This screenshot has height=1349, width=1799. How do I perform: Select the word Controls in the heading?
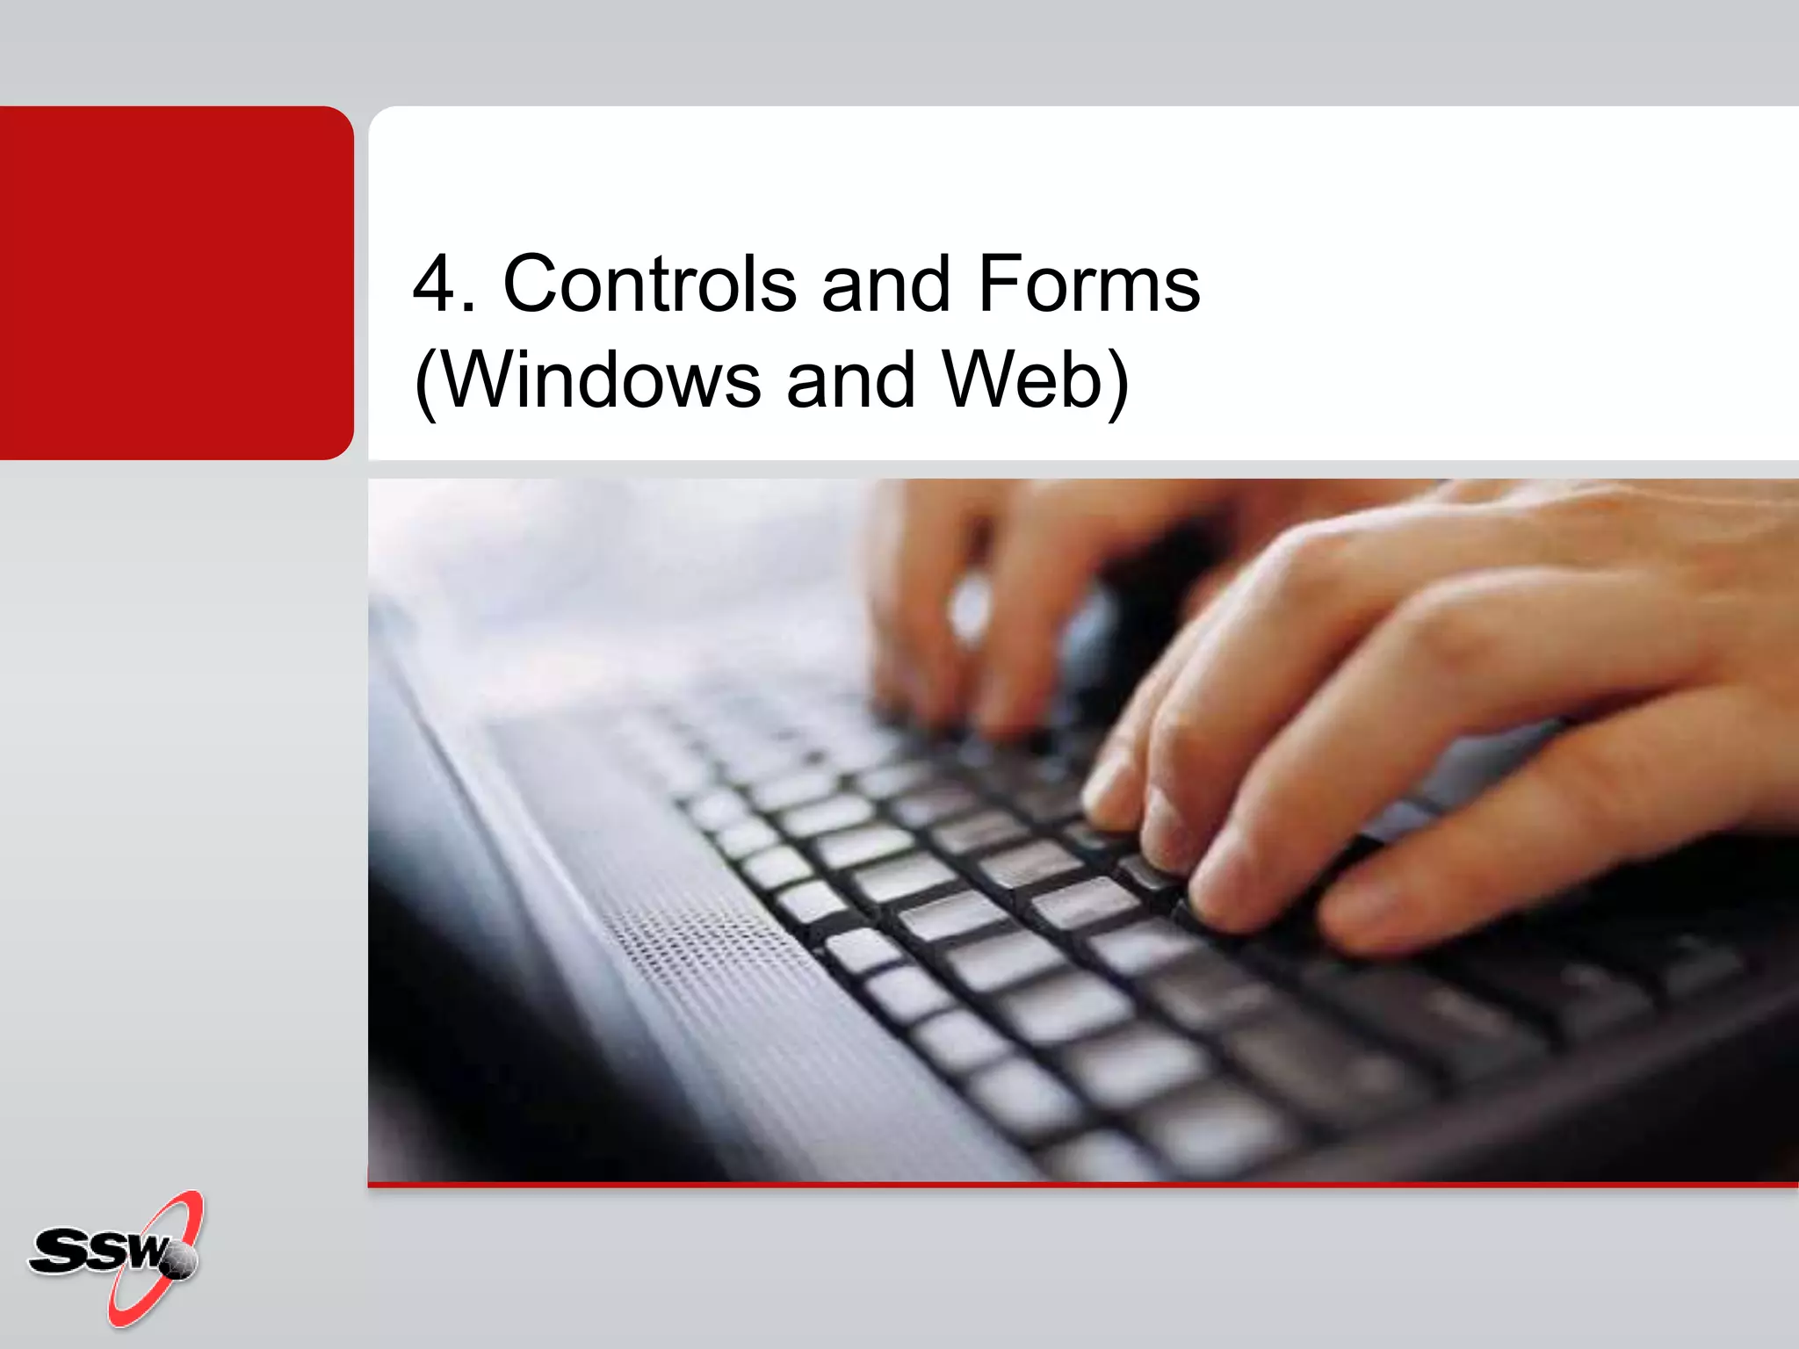(x=649, y=284)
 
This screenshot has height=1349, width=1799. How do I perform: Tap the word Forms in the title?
(x=1088, y=284)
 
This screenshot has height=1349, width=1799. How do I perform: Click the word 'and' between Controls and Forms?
(x=885, y=284)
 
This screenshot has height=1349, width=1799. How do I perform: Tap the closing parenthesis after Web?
(x=1117, y=383)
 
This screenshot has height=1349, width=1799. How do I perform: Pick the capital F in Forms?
(x=999, y=284)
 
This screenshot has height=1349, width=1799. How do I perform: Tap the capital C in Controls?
(x=531, y=284)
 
